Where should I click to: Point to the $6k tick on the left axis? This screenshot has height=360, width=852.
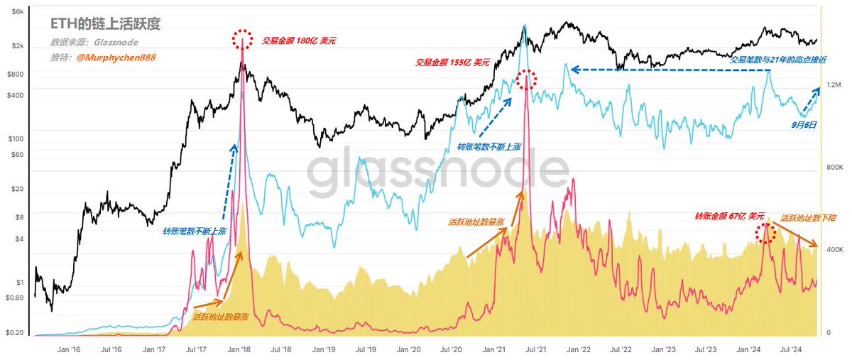16,13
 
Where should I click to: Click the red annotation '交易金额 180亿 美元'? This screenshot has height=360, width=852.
299,41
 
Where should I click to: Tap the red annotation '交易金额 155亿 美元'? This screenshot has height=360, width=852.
452,62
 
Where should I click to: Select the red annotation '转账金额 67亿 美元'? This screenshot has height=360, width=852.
730,216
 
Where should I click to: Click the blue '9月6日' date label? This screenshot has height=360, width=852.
804,124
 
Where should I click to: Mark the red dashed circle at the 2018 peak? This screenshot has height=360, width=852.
243,39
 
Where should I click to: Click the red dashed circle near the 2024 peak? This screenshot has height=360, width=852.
765,233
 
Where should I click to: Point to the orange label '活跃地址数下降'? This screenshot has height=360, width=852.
808,219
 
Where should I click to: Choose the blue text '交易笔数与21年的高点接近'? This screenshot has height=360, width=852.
780,60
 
